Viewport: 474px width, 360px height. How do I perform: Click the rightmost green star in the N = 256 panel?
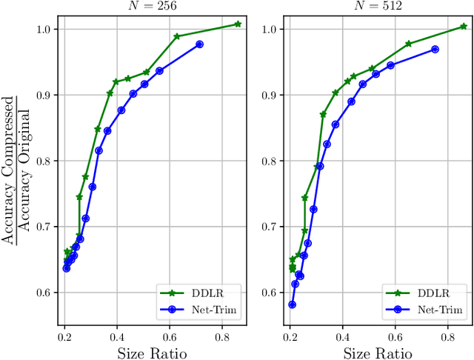coord(238,24)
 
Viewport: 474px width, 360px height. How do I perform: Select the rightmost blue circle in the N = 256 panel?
coord(199,44)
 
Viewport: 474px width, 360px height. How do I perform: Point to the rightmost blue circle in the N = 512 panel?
coord(435,49)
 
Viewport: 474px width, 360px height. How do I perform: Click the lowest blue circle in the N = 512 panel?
coord(292,304)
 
